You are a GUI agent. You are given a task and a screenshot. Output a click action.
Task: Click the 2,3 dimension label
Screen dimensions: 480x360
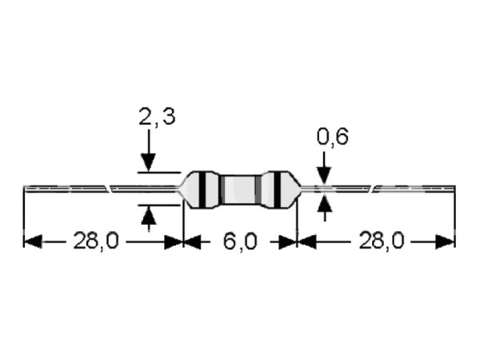tap(157, 116)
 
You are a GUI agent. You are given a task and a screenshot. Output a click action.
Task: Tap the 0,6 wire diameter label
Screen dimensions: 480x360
tap(332, 136)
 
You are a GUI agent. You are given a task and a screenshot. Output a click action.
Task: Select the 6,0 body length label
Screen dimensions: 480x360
tap(240, 242)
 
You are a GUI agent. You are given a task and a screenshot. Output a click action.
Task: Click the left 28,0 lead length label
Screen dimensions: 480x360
tap(95, 241)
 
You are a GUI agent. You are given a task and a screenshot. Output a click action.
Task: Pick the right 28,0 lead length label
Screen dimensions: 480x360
tap(382, 241)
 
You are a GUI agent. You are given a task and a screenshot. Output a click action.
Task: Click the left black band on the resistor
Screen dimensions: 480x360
tap(202, 190)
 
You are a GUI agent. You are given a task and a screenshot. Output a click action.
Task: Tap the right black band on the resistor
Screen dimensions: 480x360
tap(277, 190)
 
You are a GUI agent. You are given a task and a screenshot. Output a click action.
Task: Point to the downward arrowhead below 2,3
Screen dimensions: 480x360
tap(149, 163)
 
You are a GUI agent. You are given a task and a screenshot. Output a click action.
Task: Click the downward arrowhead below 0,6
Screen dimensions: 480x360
tap(324, 175)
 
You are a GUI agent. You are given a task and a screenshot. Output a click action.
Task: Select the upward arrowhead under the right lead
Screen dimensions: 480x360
tap(324, 203)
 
